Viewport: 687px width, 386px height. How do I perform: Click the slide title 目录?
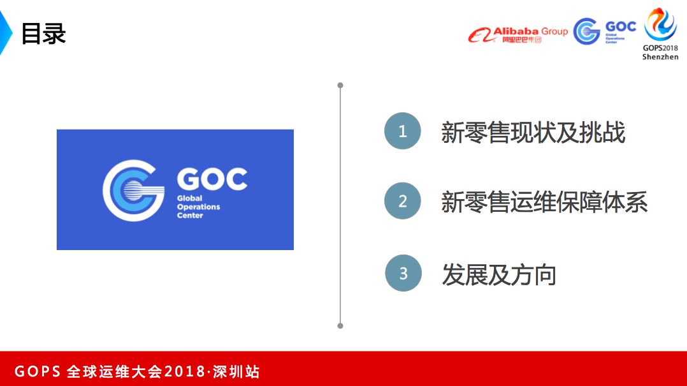click(x=43, y=34)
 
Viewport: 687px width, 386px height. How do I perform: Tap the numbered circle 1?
click(x=402, y=131)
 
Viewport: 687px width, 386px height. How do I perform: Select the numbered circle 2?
click(x=402, y=202)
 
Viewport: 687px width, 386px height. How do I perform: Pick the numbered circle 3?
click(x=403, y=273)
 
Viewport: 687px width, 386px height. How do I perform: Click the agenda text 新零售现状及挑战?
click(x=533, y=133)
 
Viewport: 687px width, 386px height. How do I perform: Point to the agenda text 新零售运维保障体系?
click(x=544, y=202)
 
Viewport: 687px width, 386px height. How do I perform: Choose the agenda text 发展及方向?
click(x=499, y=274)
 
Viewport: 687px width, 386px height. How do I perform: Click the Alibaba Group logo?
click(x=517, y=34)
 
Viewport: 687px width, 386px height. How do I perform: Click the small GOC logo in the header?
click(x=604, y=31)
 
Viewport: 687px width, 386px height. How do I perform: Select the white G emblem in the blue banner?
click(x=131, y=190)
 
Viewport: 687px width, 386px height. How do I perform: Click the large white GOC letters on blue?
click(x=212, y=179)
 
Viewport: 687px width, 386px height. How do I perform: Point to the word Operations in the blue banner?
click(x=198, y=207)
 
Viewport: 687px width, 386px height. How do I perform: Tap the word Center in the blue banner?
click(x=190, y=216)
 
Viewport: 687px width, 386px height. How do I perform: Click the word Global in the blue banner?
click(x=189, y=198)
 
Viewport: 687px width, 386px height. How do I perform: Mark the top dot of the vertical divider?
click(x=340, y=85)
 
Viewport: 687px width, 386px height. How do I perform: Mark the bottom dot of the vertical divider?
click(x=340, y=325)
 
